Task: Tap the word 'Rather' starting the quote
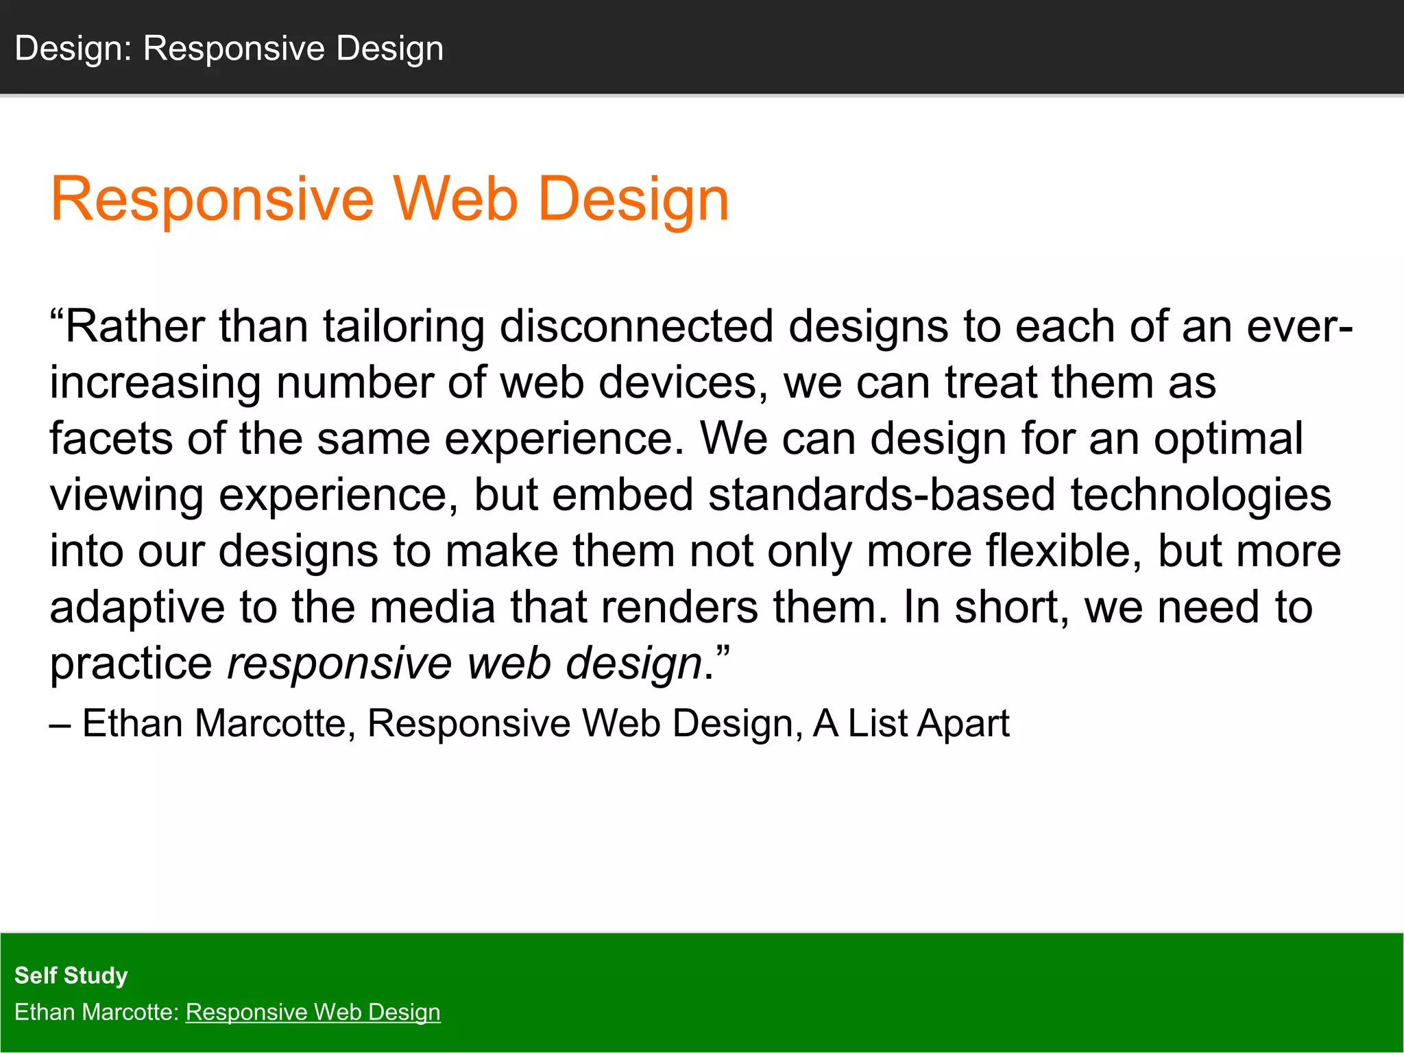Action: pos(134,326)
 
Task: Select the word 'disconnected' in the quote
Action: pos(636,326)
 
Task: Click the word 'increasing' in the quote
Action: pos(155,383)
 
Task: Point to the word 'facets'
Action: pos(111,439)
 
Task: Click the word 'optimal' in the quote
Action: pos(1228,439)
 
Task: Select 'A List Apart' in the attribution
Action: pos(911,723)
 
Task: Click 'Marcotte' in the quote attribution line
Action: pos(270,723)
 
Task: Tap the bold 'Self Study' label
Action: pos(71,975)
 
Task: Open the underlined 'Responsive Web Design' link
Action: pos(313,1012)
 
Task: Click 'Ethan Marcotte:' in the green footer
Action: pos(97,1012)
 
